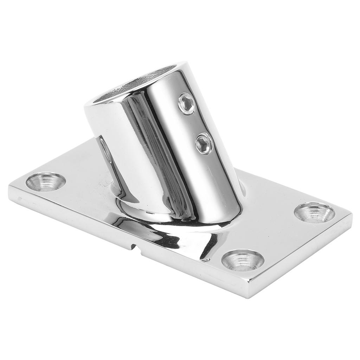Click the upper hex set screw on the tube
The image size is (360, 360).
point(187,104)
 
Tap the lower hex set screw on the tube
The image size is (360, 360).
point(204,143)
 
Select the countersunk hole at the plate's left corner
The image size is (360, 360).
point(46,181)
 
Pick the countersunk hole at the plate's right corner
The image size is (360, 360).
point(314,213)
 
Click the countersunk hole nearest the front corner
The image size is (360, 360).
point(243,260)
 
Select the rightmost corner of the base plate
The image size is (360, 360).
point(352,214)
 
